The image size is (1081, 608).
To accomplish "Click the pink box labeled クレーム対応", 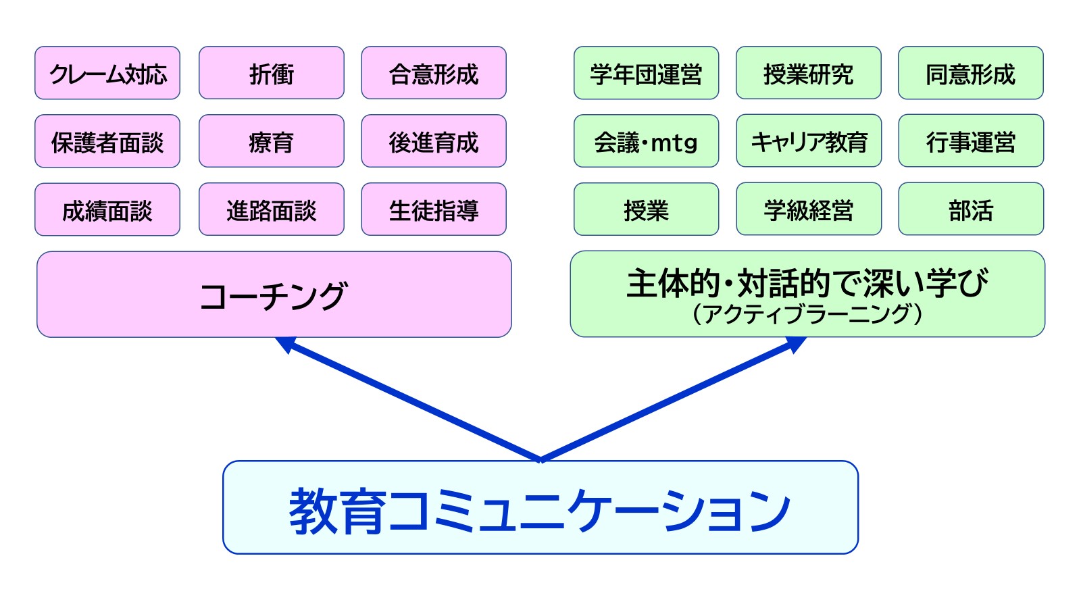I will pos(107,74).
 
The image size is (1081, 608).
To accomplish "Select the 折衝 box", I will pos(271,74).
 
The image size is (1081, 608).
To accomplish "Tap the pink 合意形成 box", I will pos(434,74).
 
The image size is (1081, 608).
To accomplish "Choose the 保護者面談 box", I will pos(107,142).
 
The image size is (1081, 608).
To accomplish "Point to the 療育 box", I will pos(271,142).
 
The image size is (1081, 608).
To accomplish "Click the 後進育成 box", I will pos(434,142).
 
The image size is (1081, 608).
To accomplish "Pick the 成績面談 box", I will pos(107,210).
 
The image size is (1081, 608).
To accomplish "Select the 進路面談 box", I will pos(271,210).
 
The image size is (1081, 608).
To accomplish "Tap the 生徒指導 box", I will pos(434,210).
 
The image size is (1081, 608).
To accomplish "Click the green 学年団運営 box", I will pos(646,74).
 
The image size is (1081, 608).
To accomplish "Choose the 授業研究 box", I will pos(809,74).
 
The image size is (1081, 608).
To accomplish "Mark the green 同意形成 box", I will pos(971,74).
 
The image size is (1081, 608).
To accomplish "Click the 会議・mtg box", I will pos(646,142).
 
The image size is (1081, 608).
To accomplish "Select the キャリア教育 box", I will pos(809,142).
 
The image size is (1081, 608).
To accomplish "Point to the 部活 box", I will pos(971,210).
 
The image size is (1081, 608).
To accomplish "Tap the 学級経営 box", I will pos(809,210).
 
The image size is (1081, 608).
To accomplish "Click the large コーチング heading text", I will pos(274,296).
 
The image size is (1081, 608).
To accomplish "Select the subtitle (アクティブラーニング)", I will pos(807,314).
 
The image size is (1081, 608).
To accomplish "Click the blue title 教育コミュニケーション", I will pos(540,510).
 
